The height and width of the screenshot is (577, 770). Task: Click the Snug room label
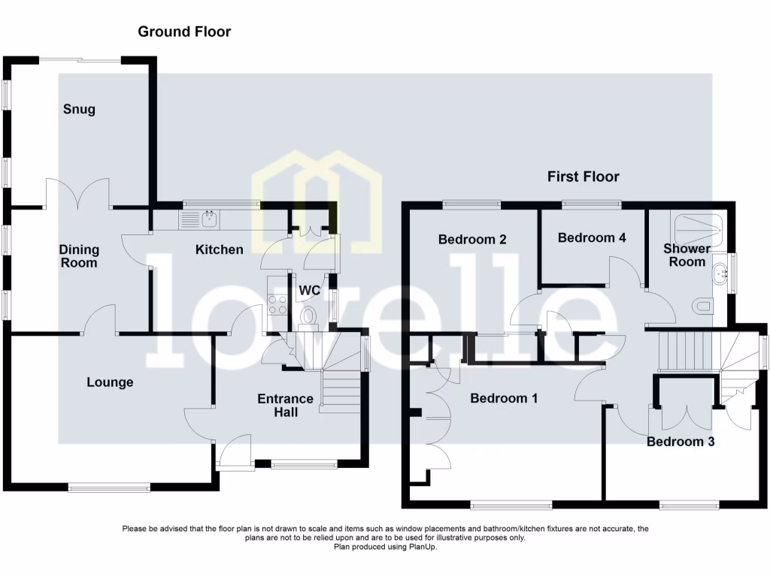[79, 110]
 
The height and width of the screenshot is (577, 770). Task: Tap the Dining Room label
[80, 256]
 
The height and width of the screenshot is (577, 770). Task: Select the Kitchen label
[220, 249]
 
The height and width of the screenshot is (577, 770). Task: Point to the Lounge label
[110, 382]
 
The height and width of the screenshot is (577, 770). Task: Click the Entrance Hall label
[285, 405]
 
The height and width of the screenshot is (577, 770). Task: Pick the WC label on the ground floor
[309, 290]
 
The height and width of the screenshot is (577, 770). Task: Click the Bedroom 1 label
[504, 398]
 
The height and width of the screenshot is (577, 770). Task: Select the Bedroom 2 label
[472, 240]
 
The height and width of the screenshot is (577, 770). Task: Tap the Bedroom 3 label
[681, 441]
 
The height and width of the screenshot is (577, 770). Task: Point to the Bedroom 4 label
[592, 237]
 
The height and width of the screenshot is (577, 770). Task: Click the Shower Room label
[687, 255]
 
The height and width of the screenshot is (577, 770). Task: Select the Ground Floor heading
[184, 32]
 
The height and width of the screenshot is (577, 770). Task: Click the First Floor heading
[584, 177]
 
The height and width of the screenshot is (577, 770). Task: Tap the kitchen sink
[208, 219]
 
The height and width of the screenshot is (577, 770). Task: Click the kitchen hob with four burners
[277, 304]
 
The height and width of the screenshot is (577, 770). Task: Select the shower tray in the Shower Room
[699, 224]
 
